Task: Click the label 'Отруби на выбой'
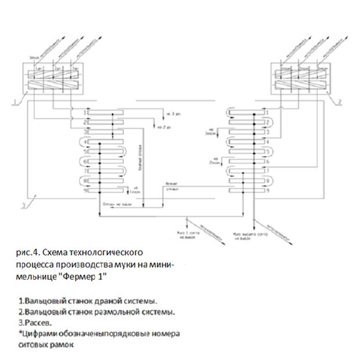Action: [x=114, y=203]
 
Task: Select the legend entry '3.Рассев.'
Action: [x=33, y=322]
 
